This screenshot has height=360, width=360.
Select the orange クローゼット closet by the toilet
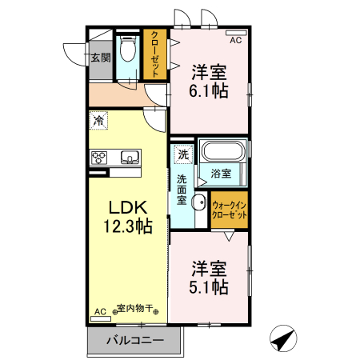(x=154, y=54)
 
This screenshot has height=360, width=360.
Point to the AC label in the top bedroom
(x=236, y=39)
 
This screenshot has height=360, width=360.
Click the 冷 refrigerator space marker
(x=98, y=121)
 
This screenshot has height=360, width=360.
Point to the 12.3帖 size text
(x=127, y=226)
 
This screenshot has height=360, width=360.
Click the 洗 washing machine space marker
(x=183, y=154)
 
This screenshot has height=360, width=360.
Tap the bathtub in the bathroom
(x=223, y=151)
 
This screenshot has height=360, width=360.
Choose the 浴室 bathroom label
(x=221, y=173)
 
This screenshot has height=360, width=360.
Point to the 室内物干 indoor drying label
(x=138, y=308)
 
